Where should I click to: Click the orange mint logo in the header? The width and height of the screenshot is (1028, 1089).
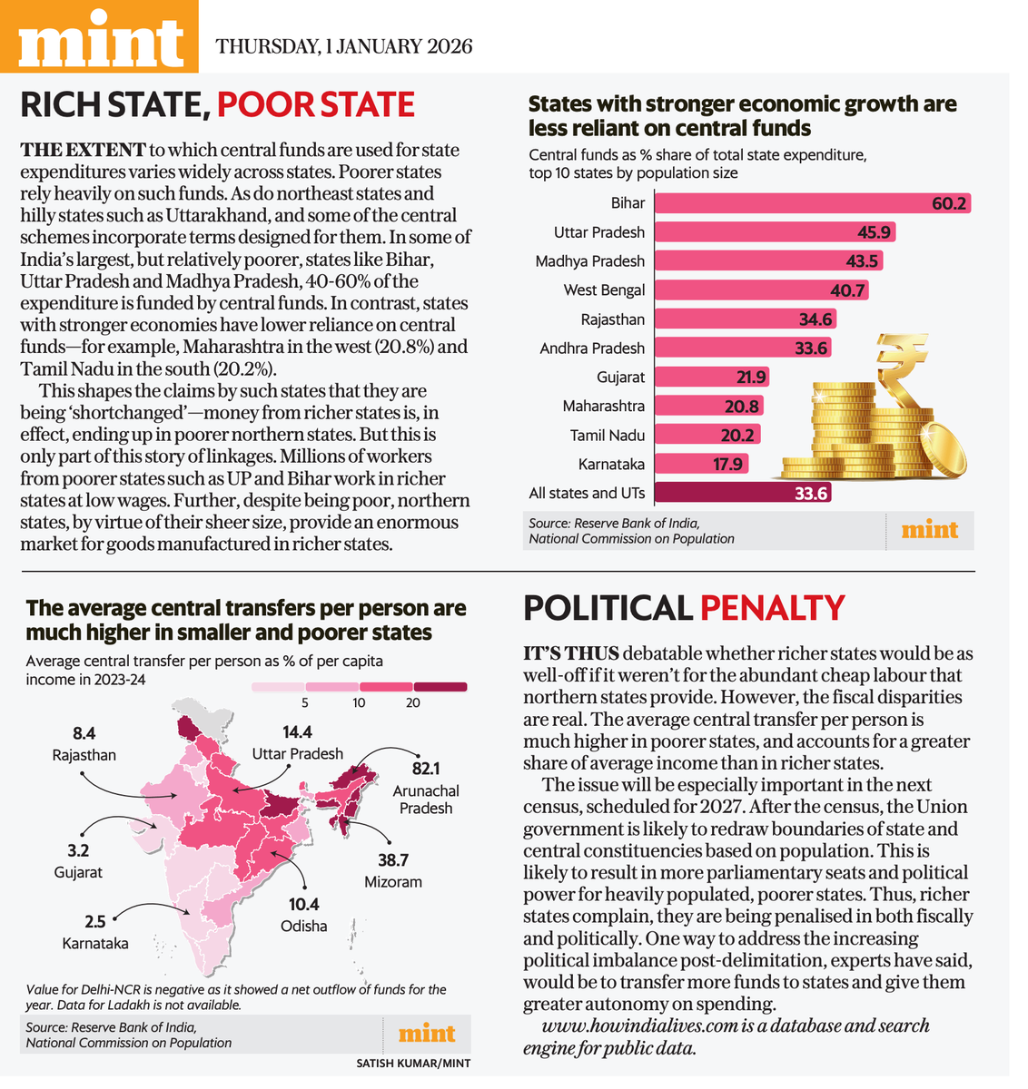tap(99, 36)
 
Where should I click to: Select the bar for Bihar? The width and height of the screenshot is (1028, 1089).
tap(812, 203)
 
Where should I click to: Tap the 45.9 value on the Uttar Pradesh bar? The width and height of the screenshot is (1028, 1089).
tap(874, 232)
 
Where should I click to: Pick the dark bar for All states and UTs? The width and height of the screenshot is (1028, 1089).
tap(743, 493)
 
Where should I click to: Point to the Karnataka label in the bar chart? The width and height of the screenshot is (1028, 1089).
tap(611, 464)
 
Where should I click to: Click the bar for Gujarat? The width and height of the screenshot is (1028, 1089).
tap(712, 377)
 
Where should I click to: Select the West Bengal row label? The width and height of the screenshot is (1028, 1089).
tap(604, 290)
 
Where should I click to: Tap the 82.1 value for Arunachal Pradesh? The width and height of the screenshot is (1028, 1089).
tap(426, 769)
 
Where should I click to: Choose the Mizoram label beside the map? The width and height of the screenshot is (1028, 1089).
tap(393, 882)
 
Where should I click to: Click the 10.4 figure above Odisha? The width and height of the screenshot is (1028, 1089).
tap(304, 904)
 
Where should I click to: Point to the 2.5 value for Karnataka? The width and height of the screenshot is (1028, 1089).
tap(95, 922)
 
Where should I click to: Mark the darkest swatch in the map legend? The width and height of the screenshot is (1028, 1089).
tap(440, 686)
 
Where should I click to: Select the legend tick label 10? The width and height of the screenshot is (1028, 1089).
tap(359, 703)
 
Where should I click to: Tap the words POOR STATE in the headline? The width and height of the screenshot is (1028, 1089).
tap(316, 104)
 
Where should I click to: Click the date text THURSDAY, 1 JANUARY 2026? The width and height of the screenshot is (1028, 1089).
tap(343, 46)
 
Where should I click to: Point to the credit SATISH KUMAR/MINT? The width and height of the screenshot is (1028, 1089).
tap(413, 1064)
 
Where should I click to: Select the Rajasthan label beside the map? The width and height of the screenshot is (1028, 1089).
tap(84, 755)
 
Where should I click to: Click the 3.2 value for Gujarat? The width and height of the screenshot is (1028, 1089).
tap(78, 850)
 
